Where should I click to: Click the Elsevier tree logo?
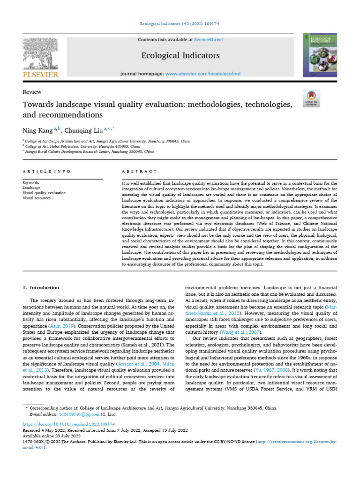click(40, 53)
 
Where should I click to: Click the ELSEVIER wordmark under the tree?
click(40, 74)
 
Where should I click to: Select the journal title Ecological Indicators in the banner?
click(180, 56)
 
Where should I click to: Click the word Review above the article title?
click(32, 92)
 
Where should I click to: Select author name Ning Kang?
click(38, 129)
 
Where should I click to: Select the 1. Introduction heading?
click(41, 287)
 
